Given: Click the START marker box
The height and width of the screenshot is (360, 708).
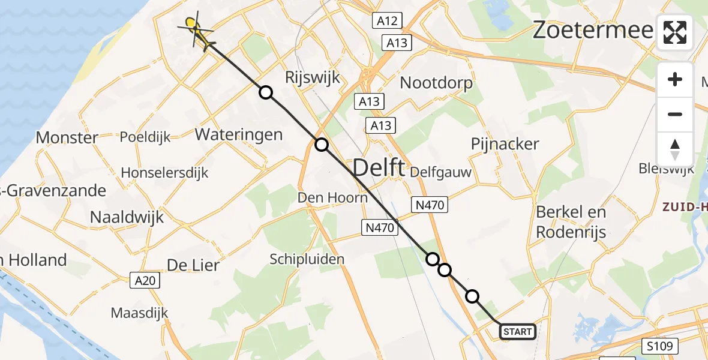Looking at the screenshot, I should tap(517, 331).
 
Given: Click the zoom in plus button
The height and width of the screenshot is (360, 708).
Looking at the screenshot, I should tap(675, 79).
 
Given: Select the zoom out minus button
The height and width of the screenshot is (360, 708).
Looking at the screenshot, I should tap(675, 114).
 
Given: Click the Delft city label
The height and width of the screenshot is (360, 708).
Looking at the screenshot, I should tap(379, 168).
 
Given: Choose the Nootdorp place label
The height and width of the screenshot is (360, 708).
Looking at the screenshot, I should tap(436, 83).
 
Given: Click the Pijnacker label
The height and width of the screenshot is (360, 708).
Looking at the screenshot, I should tap(505, 144).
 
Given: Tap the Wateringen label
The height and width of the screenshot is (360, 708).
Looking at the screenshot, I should tap(239, 134).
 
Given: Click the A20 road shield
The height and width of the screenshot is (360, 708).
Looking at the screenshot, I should tap(145, 280).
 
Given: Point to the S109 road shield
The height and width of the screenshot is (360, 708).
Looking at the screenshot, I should tap(659, 346).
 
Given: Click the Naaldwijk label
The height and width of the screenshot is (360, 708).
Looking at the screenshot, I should tap(127, 217).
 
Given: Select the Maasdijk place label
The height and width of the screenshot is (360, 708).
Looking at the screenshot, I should tap(139, 313).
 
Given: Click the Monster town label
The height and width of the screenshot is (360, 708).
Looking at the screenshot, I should tap(67, 137).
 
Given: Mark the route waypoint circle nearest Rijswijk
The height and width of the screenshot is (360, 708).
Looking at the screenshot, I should tap(265, 92).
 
